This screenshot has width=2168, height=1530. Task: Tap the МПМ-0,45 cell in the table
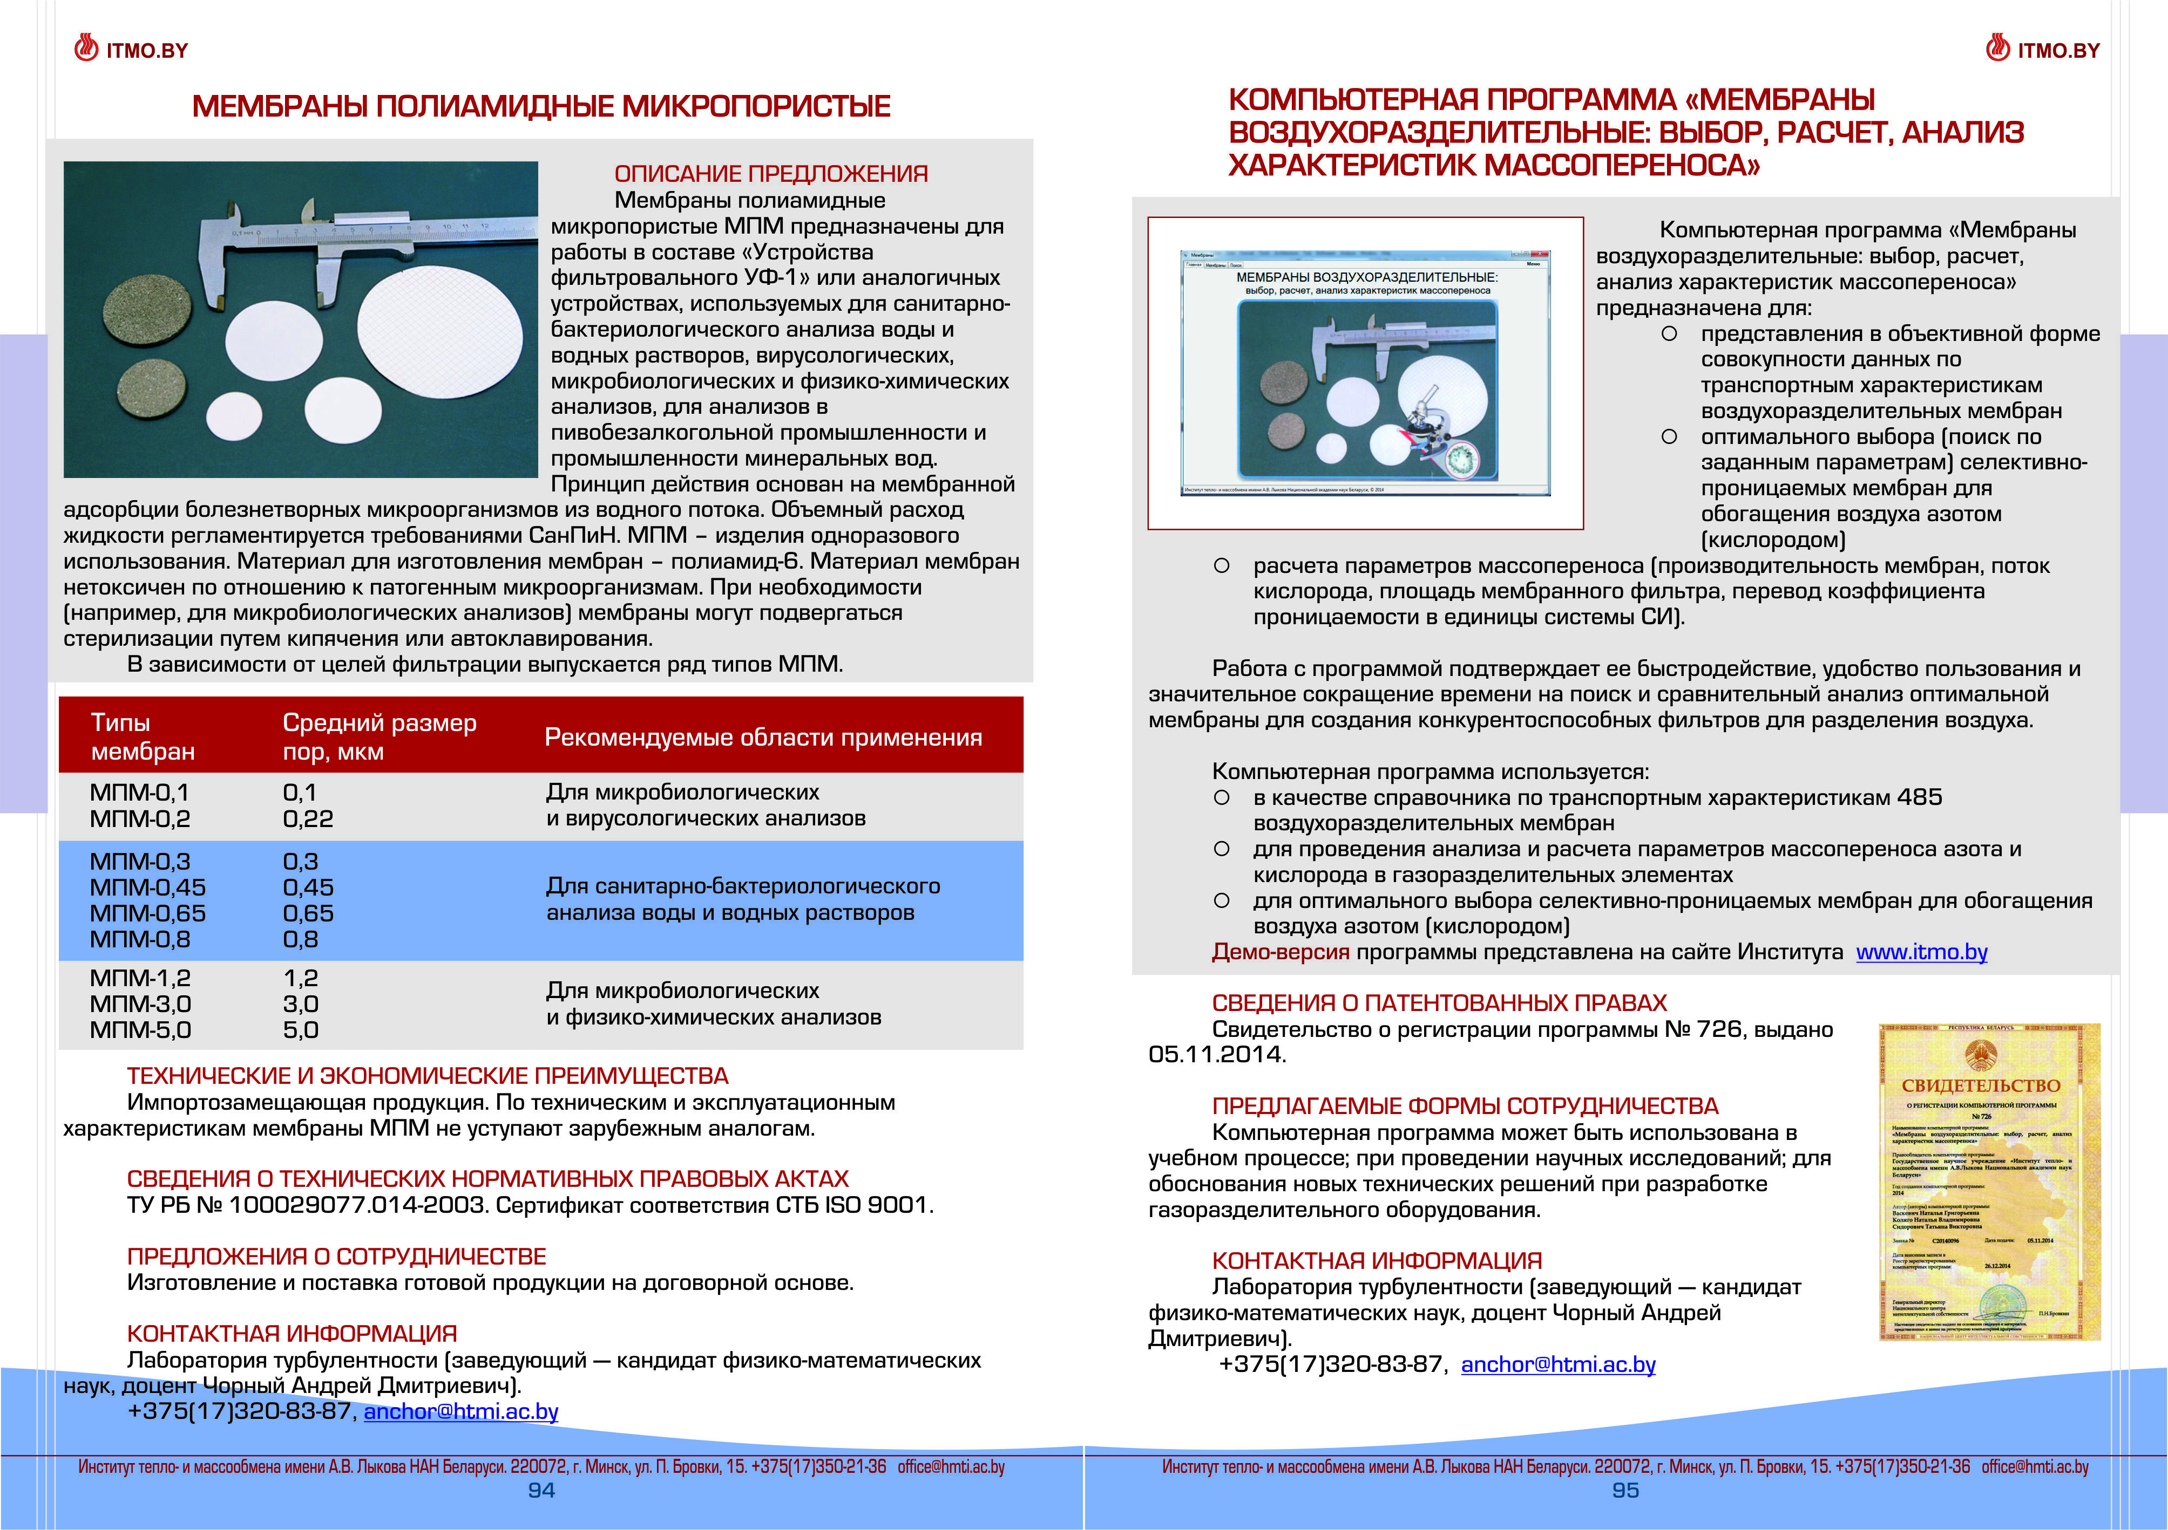(x=147, y=887)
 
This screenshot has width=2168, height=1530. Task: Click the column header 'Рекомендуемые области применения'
(x=763, y=737)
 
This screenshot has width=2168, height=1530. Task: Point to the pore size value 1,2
(x=300, y=978)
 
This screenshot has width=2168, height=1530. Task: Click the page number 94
(x=541, y=1491)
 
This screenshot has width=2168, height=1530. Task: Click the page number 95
(x=1625, y=1491)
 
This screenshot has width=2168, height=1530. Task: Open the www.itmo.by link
(x=1921, y=952)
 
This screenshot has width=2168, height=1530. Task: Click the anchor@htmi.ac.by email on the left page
(x=461, y=1411)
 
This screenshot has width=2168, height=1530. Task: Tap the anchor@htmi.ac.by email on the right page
(x=1558, y=1364)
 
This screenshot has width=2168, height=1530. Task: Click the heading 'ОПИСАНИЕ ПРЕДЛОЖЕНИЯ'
(x=770, y=174)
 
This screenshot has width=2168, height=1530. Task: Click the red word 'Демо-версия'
(x=1281, y=952)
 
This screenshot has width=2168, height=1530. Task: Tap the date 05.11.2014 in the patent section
(x=1216, y=1054)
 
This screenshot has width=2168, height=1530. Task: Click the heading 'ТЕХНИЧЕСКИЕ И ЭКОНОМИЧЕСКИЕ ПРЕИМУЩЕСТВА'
(x=427, y=1076)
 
